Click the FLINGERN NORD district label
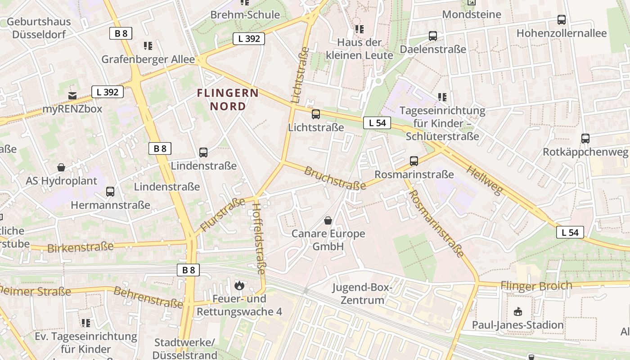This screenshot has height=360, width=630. [x=228, y=99]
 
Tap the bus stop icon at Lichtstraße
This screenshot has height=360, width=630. [x=316, y=114]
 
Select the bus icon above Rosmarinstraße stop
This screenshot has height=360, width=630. [x=414, y=161]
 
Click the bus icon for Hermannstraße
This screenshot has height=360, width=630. [x=110, y=192]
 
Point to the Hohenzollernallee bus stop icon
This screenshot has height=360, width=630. [x=562, y=20]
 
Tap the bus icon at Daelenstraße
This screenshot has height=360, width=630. [x=433, y=36]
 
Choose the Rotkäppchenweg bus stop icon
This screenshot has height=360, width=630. [x=585, y=139]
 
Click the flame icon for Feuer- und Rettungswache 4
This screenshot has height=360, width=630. [x=239, y=285]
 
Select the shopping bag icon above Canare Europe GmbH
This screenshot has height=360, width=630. [x=328, y=220]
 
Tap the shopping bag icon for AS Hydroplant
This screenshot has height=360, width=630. [x=61, y=167]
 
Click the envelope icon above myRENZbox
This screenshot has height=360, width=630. [x=72, y=95]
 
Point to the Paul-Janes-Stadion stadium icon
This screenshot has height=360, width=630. [x=517, y=311]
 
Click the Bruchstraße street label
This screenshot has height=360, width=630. [x=335, y=178]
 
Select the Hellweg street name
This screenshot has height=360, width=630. [x=484, y=180]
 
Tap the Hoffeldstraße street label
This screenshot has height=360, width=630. [x=259, y=238]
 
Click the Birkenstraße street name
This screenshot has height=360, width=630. [x=80, y=247]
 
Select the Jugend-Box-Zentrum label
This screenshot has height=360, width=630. [x=363, y=294]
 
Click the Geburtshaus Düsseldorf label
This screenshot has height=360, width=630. [x=39, y=28]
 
